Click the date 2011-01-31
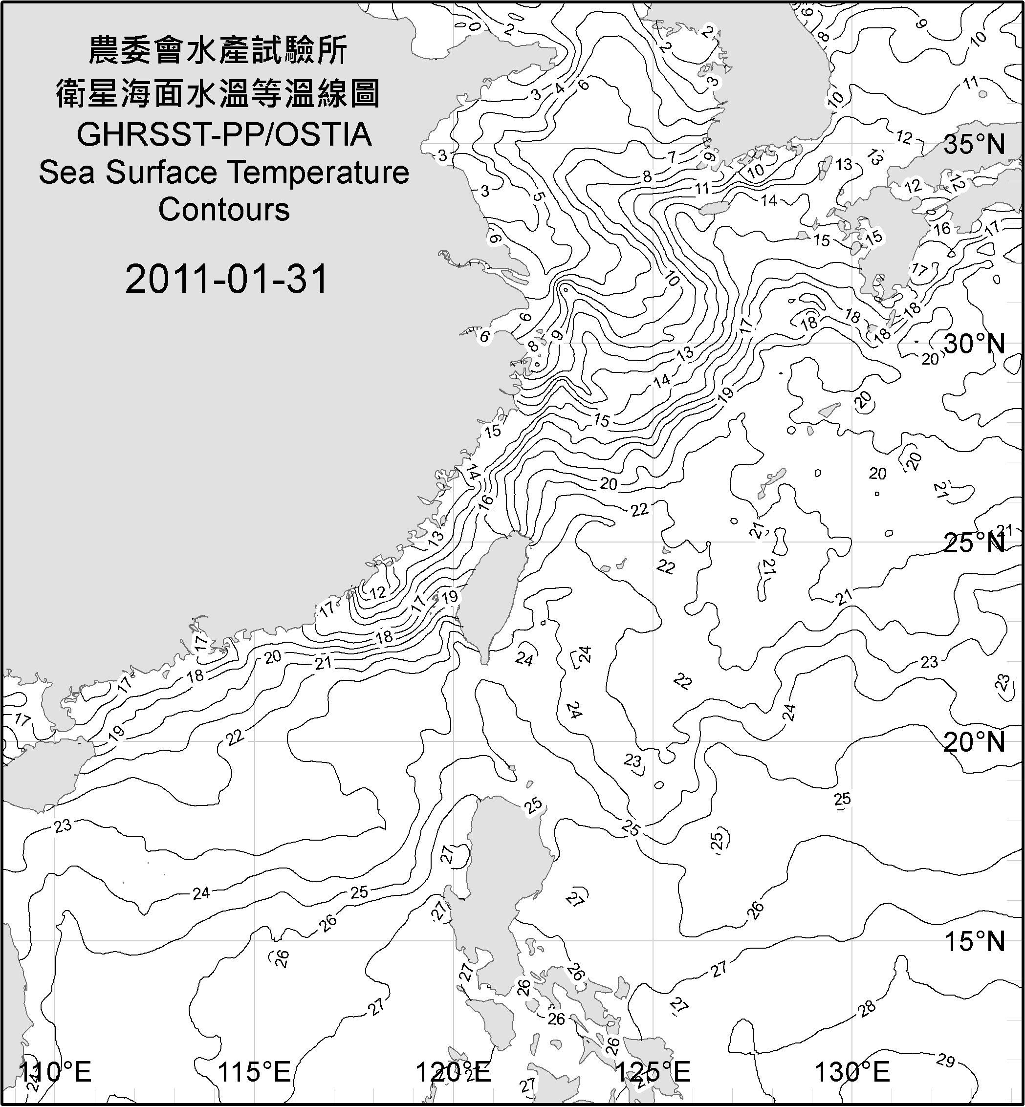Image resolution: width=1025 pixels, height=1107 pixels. coord(226,279)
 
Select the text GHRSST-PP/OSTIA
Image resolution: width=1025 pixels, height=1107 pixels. coord(223,135)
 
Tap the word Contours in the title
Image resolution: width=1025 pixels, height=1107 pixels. coord(223,210)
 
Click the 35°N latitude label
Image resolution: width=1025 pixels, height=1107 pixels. coord(974,145)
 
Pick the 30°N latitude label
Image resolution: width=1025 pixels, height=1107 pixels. coord(974,345)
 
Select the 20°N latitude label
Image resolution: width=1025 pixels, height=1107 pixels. coord(974,742)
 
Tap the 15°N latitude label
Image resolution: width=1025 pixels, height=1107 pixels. coord(974,941)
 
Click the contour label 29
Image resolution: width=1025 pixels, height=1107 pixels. coord(946,1061)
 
